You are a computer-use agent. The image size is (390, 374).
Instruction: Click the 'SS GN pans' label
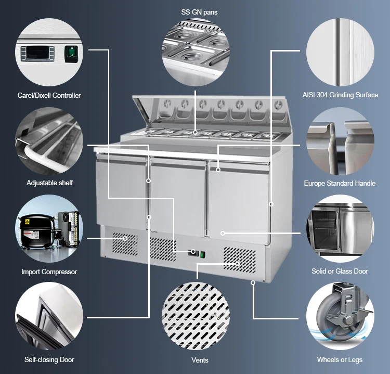tap(199, 12)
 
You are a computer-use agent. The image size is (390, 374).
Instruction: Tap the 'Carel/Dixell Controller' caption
tap(49, 95)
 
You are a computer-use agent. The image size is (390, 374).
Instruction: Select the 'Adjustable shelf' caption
tap(49, 183)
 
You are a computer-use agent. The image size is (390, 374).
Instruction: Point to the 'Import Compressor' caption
tap(49, 272)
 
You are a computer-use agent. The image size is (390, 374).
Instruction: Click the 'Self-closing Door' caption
tap(49, 359)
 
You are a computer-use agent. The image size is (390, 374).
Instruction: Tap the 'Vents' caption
tap(200, 360)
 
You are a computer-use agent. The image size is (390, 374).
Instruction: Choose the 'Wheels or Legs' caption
tap(340, 359)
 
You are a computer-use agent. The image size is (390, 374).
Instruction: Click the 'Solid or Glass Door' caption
tap(340, 271)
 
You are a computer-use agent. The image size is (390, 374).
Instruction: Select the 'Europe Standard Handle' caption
tap(340, 184)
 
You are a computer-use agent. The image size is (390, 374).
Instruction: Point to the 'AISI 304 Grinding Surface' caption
tap(340, 95)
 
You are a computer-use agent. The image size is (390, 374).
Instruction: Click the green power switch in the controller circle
tap(71, 54)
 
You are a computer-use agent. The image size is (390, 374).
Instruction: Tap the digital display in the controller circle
tap(37, 53)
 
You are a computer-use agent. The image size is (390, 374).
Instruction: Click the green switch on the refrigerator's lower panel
tap(202, 255)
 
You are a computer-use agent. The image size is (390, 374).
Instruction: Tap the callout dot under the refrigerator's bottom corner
tap(253, 282)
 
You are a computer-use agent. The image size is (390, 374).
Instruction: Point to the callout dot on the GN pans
tap(195, 132)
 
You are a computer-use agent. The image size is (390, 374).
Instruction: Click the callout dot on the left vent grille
tap(125, 238)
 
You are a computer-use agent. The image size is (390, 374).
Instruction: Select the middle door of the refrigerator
tap(178, 197)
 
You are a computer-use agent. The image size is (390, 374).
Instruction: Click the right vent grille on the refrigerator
tap(240, 260)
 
